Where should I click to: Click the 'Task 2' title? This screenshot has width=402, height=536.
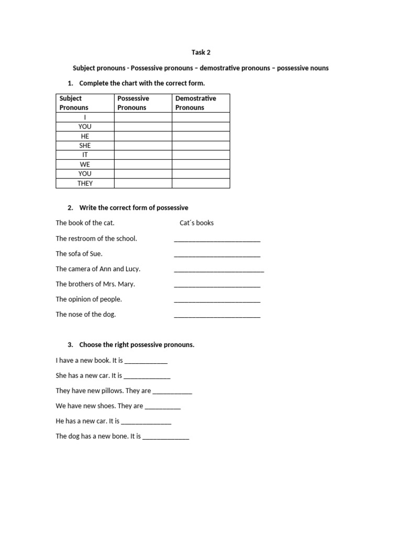201,52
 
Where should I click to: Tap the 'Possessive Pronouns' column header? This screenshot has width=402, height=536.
133,103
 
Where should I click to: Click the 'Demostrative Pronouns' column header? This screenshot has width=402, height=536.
195,103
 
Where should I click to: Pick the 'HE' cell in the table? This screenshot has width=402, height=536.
85,136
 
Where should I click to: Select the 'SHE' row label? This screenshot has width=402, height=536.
85,146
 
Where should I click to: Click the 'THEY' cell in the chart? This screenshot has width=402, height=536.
85,183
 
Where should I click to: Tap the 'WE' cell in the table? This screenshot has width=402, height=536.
85,164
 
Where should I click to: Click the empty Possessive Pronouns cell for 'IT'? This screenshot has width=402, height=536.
143,155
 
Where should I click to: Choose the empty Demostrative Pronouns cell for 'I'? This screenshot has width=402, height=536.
200,117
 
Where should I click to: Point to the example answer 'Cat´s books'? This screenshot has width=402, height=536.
196,223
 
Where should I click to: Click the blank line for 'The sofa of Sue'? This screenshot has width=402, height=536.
217,255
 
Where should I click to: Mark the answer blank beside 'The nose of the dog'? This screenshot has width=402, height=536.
217,316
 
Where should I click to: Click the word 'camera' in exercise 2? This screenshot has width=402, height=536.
80,269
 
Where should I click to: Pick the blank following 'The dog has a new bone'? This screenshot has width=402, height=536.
166,438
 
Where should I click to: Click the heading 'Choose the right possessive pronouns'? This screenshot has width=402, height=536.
137,345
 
